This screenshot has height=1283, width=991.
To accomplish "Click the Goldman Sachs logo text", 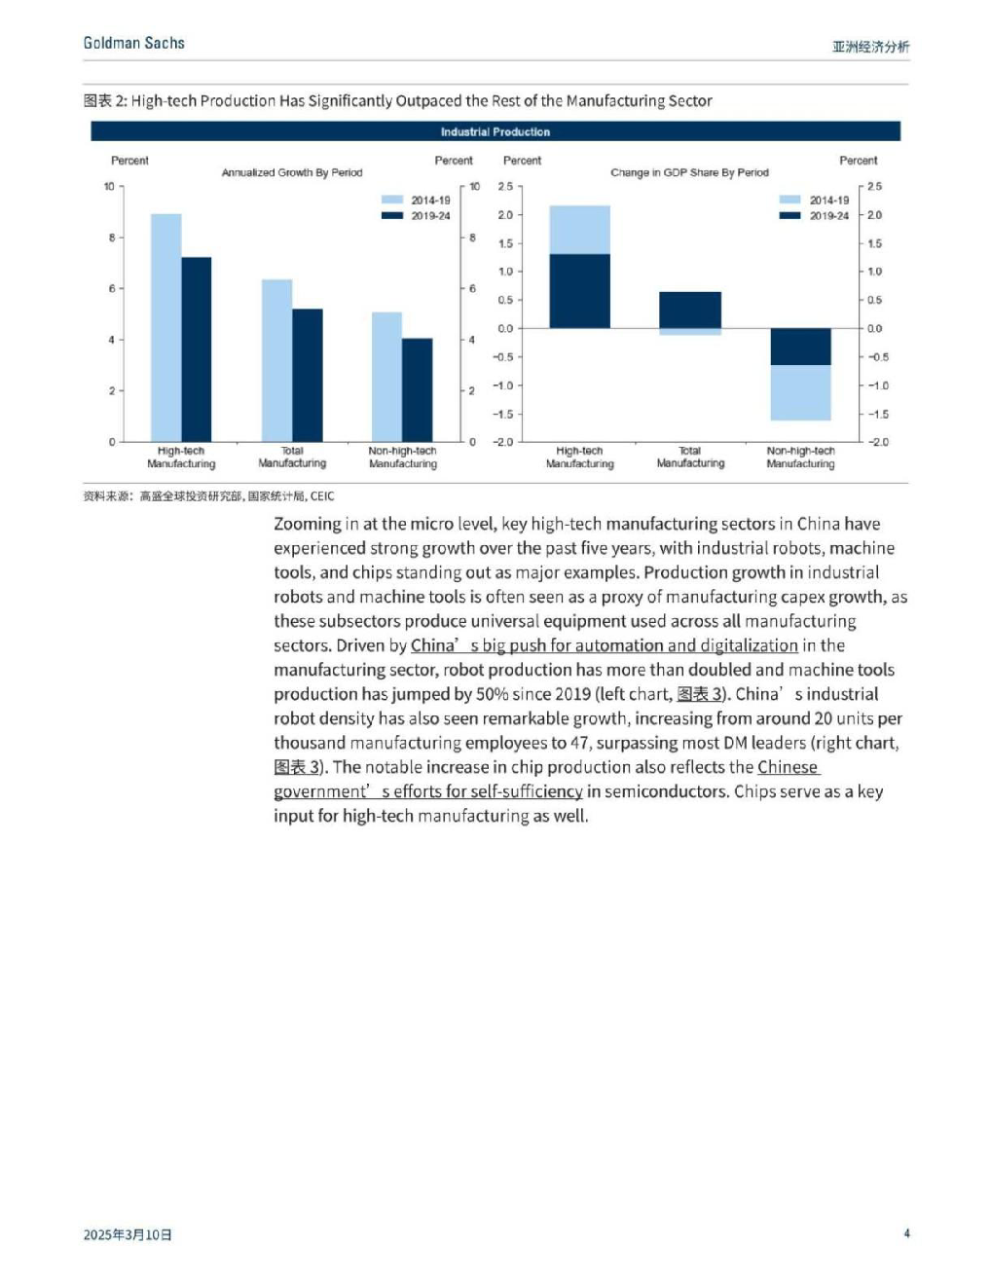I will coord(133,43).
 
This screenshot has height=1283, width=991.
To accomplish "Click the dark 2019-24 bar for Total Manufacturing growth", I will coord(308,375).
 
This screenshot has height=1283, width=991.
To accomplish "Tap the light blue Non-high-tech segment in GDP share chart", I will coord(801,393).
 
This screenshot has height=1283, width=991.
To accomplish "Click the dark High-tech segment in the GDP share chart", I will coord(580,291).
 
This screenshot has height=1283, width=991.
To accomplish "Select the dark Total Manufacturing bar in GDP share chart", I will coord(690,310).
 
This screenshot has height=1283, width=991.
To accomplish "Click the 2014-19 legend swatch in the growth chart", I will coord(392,200).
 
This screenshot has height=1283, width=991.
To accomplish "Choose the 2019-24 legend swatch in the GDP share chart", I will coord(789,215).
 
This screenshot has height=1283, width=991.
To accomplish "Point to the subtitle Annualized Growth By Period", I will coord(292,172).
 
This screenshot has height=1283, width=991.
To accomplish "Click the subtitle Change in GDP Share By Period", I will coord(689,172).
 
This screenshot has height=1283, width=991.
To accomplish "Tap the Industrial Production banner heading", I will coord(495,131).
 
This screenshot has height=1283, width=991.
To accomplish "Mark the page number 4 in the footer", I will coord(906,1233).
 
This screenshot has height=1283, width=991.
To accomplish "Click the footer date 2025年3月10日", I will coord(128,1234).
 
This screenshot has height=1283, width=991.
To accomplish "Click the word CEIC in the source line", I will coord(322,496).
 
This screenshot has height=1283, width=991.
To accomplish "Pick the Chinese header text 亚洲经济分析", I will coord(870,47).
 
